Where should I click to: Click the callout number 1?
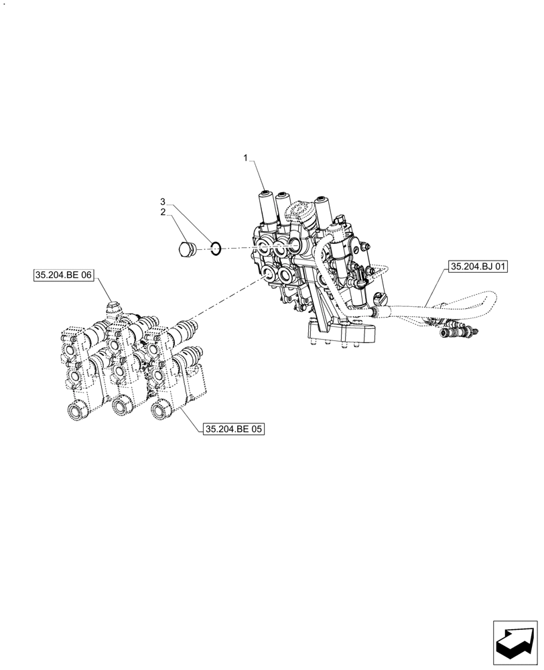click(246, 158)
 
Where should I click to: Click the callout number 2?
click(162, 212)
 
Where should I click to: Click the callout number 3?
click(162, 201)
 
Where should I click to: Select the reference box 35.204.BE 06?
click(63, 275)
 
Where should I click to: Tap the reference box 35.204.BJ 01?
click(478, 267)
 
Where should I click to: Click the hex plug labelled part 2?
click(186, 250)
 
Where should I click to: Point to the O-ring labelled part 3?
click(215, 249)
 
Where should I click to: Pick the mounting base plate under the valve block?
click(342, 332)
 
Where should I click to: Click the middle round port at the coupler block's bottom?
click(121, 406)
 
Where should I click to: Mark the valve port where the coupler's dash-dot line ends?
click(269, 274)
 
